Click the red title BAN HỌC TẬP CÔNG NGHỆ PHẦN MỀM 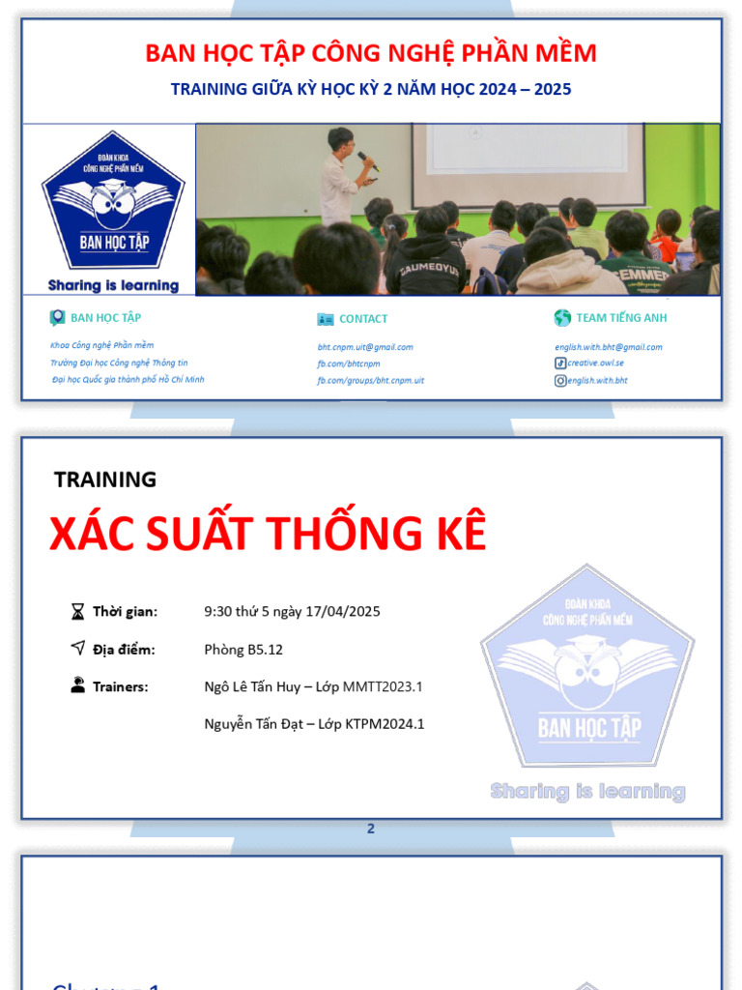click(371, 53)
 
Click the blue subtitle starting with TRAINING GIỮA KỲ click(371, 89)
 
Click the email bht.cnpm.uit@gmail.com click(365, 347)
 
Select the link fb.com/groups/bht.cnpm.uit click(370, 381)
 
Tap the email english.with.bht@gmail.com click(608, 347)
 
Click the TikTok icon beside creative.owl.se click(560, 364)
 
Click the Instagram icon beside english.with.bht click(560, 381)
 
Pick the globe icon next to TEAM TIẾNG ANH click(562, 318)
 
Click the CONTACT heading click(363, 319)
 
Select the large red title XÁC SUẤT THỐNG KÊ click(268, 534)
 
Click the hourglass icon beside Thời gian click(77, 611)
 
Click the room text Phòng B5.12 click(243, 650)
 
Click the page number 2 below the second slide click(370, 829)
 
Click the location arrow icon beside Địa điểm click(77, 649)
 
